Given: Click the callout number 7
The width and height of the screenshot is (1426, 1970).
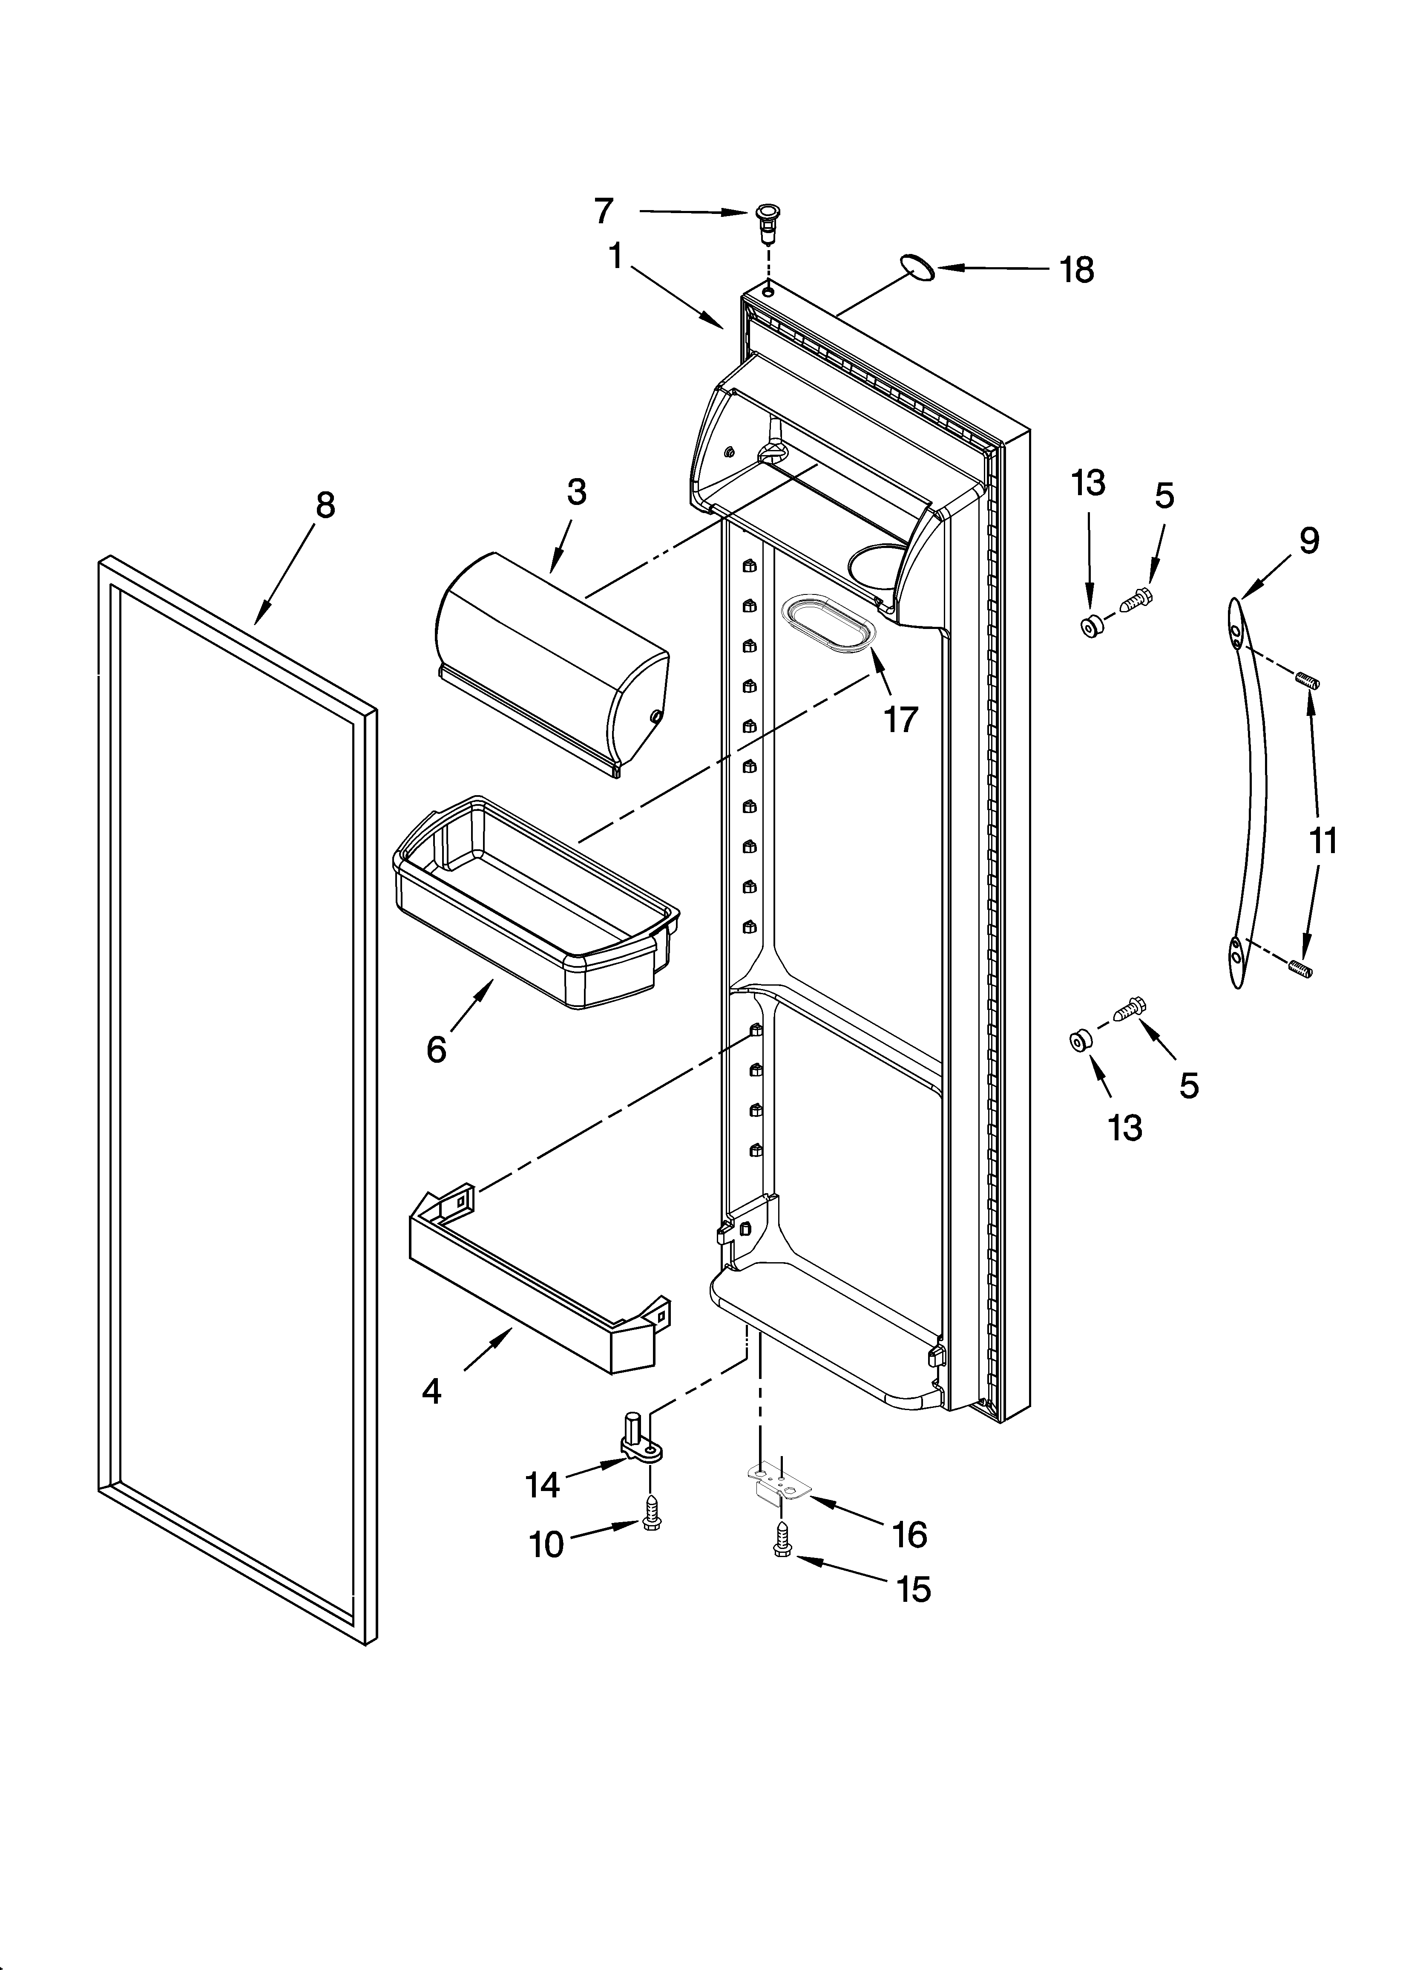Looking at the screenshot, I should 604,211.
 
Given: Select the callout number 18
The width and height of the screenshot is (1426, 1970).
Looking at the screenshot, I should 1077,270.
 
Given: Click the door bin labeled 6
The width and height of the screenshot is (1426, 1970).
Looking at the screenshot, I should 536,903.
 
